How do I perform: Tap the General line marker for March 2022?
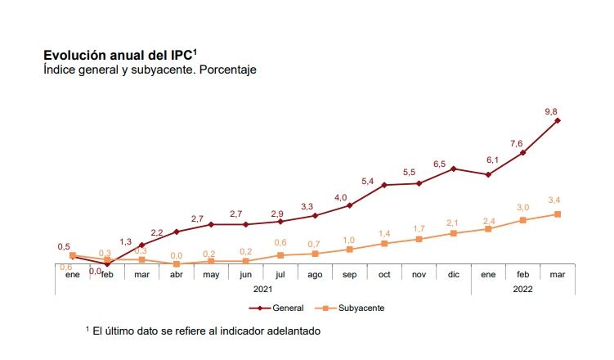pos(558,120)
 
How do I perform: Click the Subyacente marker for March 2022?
pos(558,214)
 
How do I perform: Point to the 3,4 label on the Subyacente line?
pos(553,200)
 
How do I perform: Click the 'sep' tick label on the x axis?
pos(350,274)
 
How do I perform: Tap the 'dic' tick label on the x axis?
pos(454,274)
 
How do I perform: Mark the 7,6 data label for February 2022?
pos(517,143)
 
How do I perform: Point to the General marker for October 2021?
pos(384,185)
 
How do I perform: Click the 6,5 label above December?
pos(439,164)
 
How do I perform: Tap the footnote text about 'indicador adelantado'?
pos(203,331)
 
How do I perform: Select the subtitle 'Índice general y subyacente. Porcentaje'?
pos(150,70)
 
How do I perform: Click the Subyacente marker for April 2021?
pos(177,264)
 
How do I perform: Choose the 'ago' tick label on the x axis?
pos(316,274)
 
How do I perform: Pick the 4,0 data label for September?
pos(341,197)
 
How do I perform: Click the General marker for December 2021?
pos(454,169)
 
